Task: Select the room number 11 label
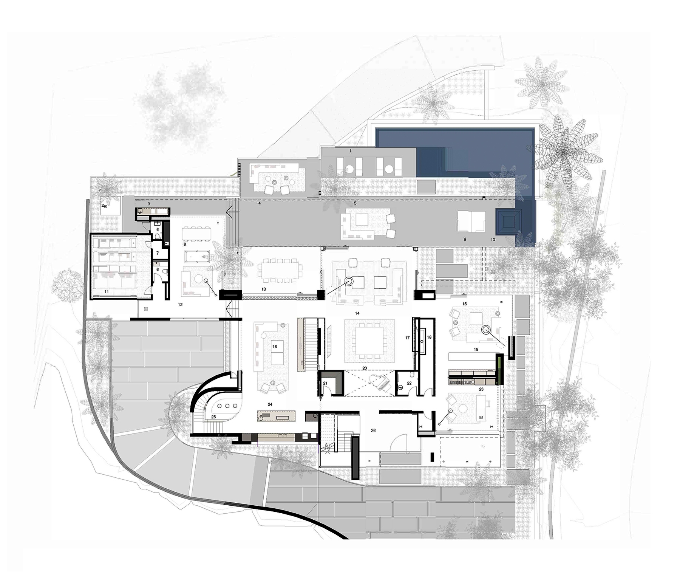coord(107,292)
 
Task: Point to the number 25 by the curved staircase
coord(213,417)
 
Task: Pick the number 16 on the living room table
coord(275,346)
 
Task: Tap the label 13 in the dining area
coord(264,289)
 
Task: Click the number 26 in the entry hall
coord(373,430)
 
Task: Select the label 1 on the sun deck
coord(351,151)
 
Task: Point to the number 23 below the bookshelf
coord(481,389)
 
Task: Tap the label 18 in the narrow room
coord(429,337)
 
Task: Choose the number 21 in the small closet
coord(325,383)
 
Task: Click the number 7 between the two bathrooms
coord(158,253)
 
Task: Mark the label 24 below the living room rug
coord(270,404)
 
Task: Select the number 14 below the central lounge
coord(357,313)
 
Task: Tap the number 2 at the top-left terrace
coord(102,206)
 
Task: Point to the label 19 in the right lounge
coord(476,350)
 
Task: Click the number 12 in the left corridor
coord(180,304)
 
